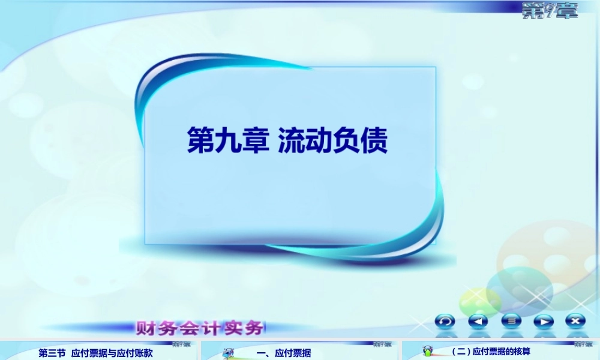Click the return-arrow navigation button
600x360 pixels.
(x=445, y=321)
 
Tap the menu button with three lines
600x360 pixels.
(x=511, y=321)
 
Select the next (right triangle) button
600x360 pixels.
(x=544, y=321)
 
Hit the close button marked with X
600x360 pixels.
(x=575, y=321)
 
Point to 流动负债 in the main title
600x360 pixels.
(x=333, y=140)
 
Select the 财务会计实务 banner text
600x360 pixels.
(x=200, y=328)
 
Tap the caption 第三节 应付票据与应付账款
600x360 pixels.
(x=96, y=353)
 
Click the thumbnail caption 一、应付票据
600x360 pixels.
(x=284, y=353)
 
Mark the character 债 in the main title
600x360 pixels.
(x=375, y=140)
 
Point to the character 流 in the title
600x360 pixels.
(x=291, y=140)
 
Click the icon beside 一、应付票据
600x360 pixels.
(x=229, y=353)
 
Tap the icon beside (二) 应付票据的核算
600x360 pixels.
(x=428, y=351)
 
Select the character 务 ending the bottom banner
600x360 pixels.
(x=253, y=328)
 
